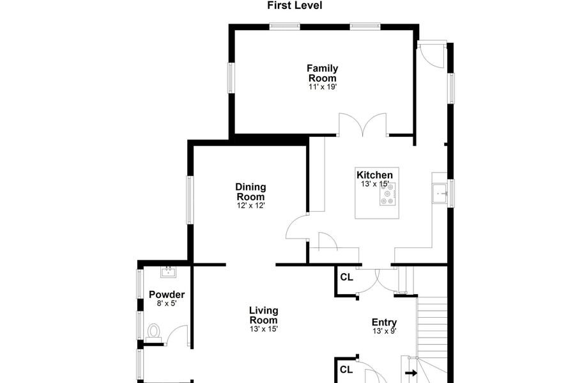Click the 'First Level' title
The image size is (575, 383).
295,6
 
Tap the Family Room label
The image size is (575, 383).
323,73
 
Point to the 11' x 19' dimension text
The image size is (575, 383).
323,87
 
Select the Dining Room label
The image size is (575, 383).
250,192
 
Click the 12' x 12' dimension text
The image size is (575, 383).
251,205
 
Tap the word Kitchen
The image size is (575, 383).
374,175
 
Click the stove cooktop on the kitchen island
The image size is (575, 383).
387,194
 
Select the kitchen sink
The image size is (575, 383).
440,193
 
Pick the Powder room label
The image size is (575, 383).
167,295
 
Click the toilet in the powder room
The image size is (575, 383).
153,332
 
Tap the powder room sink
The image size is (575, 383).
168,272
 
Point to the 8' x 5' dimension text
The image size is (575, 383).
167,303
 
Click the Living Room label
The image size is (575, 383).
264,315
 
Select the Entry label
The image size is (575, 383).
384,322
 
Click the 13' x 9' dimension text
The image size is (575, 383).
385,331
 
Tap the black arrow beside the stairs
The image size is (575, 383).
411,373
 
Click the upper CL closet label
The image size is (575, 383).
346,277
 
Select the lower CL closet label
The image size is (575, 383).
346,370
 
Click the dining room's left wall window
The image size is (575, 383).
190,200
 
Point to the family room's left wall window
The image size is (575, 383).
231,78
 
